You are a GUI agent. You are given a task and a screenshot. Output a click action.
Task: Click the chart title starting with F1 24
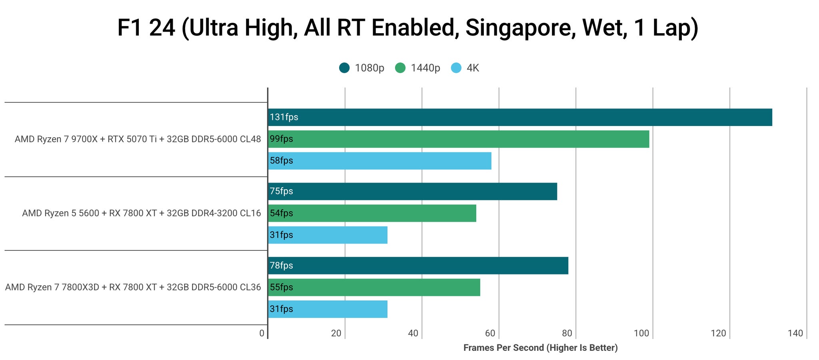(408, 28)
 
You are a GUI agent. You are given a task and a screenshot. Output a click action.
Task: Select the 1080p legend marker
(344, 68)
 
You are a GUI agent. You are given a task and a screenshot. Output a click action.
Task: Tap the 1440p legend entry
(418, 68)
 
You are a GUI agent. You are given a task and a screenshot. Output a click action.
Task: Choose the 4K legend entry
(465, 68)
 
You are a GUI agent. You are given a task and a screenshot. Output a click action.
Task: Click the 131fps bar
(520, 117)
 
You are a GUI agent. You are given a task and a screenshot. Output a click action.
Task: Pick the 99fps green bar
(458, 139)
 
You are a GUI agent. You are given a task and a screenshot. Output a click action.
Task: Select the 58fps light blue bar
(380, 161)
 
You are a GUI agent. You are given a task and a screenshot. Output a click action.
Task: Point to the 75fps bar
(412, 191)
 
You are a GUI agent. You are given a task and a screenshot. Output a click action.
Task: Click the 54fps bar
(372, 213)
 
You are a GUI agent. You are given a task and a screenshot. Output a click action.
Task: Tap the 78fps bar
(418, 266)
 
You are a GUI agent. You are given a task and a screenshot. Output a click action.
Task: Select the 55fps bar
(374, 287)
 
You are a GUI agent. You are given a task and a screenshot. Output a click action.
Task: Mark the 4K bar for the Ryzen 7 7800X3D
(328, 309)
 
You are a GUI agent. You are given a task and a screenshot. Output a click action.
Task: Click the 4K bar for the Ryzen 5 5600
(328, 235)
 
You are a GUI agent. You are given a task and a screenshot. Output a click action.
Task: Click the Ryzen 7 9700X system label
(138, 139)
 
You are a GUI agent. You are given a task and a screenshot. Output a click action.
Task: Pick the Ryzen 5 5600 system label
(141, 213)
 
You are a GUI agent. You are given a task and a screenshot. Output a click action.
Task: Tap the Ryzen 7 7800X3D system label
(133, 287)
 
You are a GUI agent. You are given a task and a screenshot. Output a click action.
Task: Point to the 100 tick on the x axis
(641, 333)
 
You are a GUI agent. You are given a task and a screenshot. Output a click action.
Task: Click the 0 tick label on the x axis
(262, 333)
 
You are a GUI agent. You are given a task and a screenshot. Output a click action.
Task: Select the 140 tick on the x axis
(795, 333)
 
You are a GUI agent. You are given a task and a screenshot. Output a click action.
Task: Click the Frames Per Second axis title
(540, 348)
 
